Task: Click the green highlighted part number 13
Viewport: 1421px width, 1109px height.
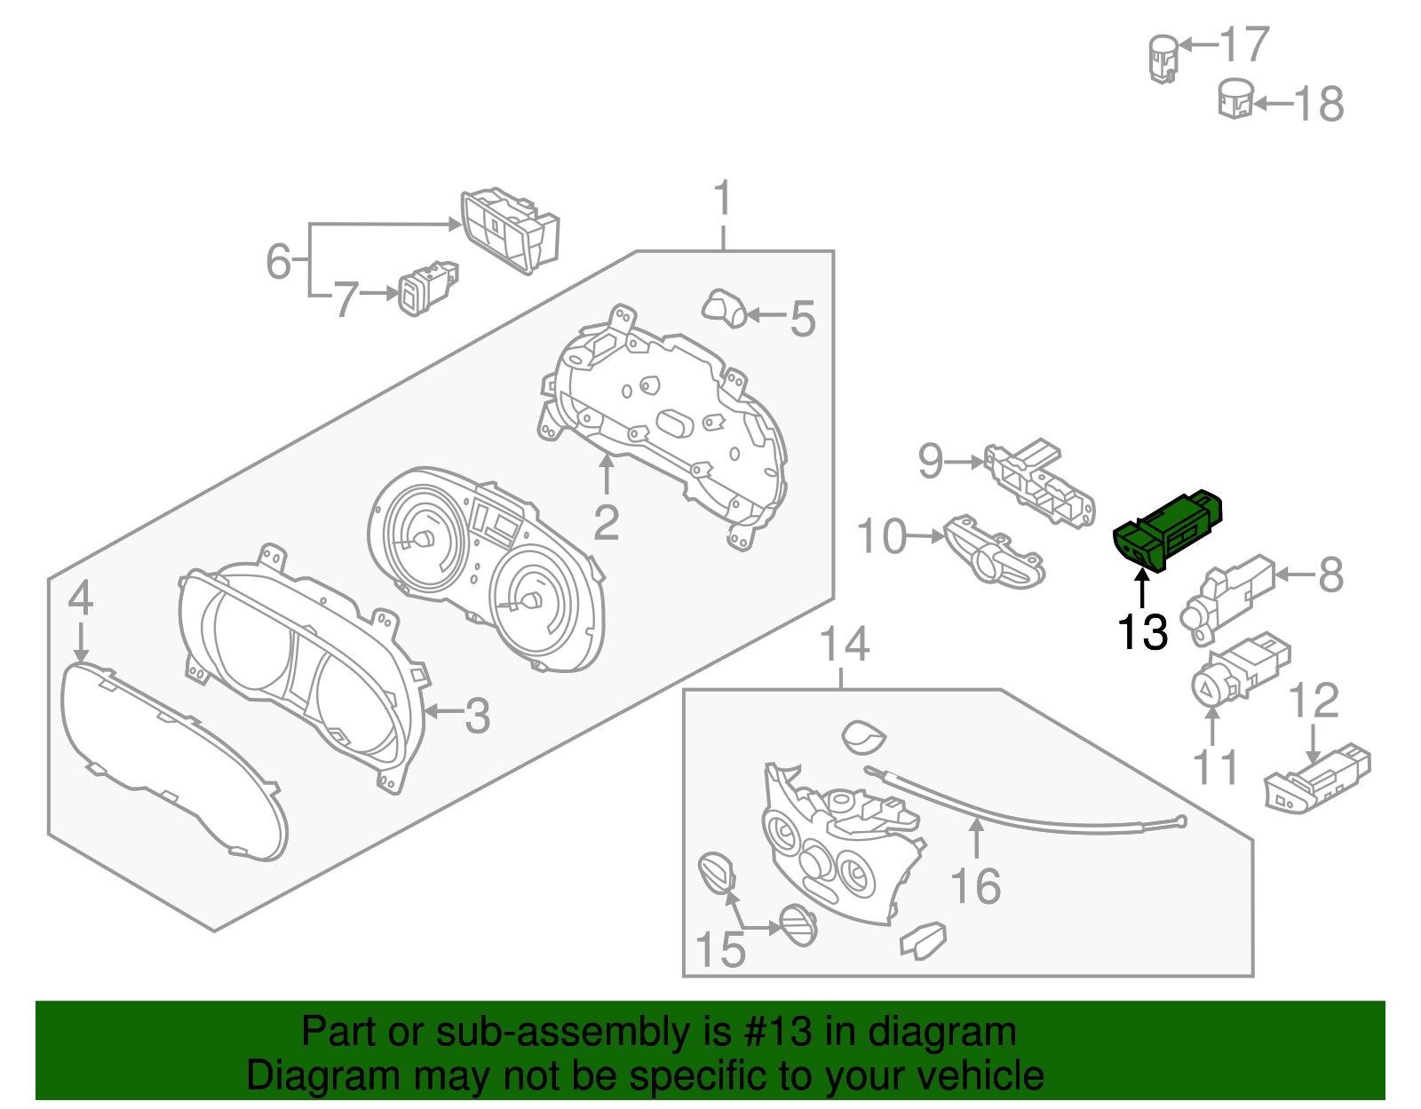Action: click(x=1168, y=530)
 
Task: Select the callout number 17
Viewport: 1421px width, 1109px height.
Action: click(x=1244, y=44)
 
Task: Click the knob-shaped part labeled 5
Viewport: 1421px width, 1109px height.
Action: click(x=725, y=307)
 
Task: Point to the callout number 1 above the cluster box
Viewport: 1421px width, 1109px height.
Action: click(x=723, y=199)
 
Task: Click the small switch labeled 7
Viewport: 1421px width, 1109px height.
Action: click(x=428, y=287)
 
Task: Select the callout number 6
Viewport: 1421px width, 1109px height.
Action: click(x=278, y=261)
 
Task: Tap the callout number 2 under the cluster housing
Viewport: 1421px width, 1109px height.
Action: click(x=606, y=522)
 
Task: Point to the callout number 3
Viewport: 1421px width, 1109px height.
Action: click(x=477, y=716)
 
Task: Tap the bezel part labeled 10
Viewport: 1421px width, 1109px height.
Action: click(x=994, y=554)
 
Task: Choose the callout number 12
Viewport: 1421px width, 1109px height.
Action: click(x=1314, y=701)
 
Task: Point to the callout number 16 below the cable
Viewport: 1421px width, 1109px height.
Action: click(x=975, y=886)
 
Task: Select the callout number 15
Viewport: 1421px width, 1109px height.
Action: click(x=720, y=950)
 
